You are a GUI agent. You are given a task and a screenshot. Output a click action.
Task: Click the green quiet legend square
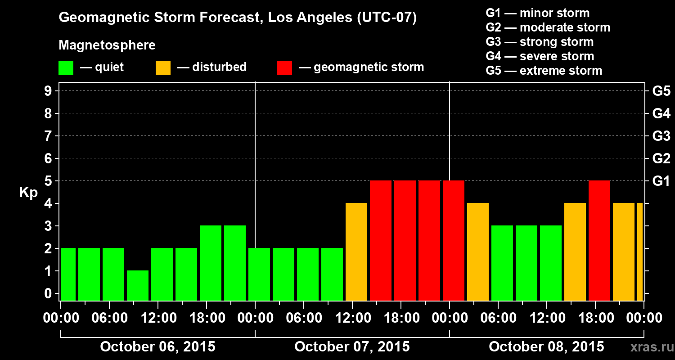(x=66, y=67)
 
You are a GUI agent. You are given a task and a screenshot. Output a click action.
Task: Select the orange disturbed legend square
(x=163, y=67)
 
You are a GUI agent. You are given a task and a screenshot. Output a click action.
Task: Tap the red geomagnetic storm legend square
(x=284, y=67)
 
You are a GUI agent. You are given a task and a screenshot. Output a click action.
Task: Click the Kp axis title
(x=28, y=193)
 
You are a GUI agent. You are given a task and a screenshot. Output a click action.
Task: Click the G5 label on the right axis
(x=661, y=91)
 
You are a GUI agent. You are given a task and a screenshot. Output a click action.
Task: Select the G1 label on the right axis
(x=661, y=181)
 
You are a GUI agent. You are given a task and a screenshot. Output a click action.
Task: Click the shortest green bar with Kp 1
(x=138, y=285)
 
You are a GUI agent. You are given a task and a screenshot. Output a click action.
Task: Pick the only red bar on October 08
(x=599, y=240)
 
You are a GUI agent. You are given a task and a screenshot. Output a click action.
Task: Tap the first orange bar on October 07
(x=356, y=252)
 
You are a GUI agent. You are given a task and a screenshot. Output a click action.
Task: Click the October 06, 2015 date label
(x=157, y=347)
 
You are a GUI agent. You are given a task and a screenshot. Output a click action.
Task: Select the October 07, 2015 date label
(x=352, y=347)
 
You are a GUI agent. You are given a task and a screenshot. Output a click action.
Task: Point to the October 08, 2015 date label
(x=546, y=347)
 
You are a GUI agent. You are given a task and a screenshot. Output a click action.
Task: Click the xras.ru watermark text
(x=650, y=347)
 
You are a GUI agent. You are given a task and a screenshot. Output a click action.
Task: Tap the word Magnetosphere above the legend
(x=107, y=45)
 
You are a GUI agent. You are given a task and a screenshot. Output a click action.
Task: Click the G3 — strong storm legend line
(x=540, y=42)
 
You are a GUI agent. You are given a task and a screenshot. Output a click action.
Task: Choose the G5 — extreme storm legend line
(x=544, y=71)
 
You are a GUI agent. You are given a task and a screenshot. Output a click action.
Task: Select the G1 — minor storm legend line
(x=537, y=13)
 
